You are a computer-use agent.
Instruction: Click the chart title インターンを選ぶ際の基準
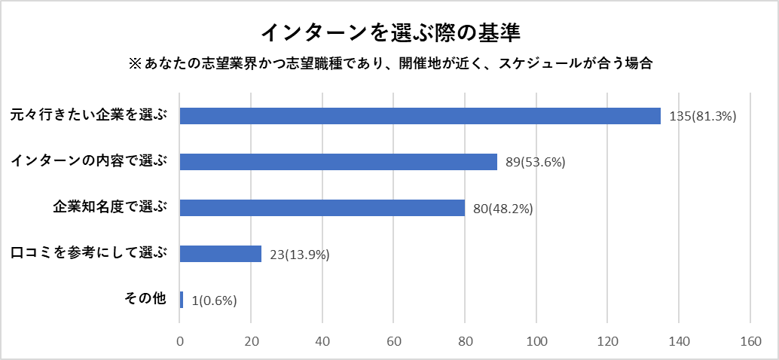click(390, 33)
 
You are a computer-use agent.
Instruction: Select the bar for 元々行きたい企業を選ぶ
click(420, 116)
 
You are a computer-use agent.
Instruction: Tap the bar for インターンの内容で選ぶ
click(338, 162)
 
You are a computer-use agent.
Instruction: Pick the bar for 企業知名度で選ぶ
click(322, 208)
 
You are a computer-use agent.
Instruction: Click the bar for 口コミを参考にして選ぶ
click(220, 254)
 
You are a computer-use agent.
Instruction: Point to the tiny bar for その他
click(182, 300)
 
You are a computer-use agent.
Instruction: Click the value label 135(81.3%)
click(702, 117)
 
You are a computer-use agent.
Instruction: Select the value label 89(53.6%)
click(536, 163)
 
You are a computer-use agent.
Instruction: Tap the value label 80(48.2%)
click(503, 209)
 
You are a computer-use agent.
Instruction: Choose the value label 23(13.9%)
click(300, 255)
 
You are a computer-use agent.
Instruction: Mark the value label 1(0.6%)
click(215, 301)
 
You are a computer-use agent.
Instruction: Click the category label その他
click(144, 298)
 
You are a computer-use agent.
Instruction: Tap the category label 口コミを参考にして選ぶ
click(88, 252)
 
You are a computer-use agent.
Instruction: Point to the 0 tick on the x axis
click(180, 340)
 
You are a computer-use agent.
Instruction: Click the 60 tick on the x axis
click(394, 340)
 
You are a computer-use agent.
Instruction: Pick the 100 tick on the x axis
click(536, 340)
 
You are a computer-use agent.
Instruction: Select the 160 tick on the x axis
click(750, 340)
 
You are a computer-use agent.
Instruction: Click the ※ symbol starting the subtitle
click(136, 64)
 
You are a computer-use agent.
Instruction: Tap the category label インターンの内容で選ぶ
click(88, 160)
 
